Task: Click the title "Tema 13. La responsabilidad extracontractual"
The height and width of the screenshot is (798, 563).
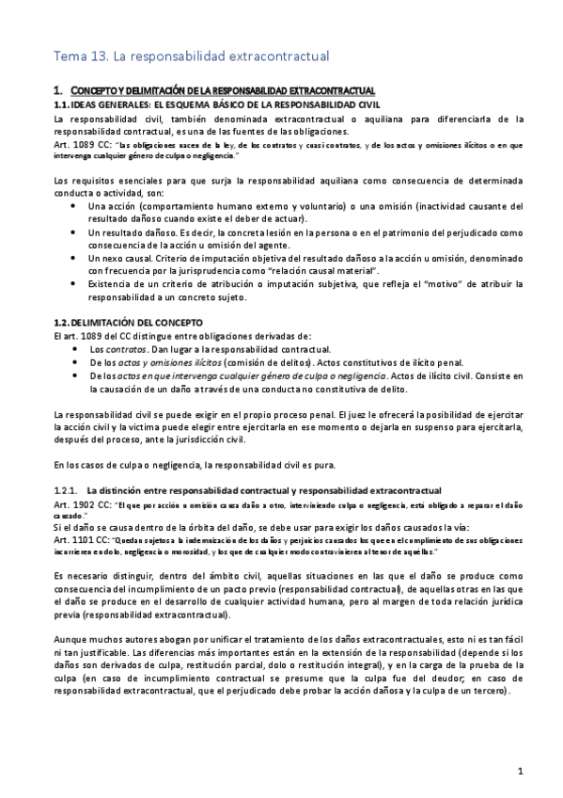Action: point(191,56)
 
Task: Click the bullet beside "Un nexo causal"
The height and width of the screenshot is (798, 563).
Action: point(76,256)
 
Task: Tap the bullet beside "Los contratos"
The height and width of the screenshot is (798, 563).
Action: point(76,349)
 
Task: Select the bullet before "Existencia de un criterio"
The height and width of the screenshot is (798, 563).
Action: point(76,284)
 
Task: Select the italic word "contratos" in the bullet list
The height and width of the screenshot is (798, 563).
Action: point(122,349)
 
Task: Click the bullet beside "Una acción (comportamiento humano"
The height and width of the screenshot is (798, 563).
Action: point(76,205)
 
